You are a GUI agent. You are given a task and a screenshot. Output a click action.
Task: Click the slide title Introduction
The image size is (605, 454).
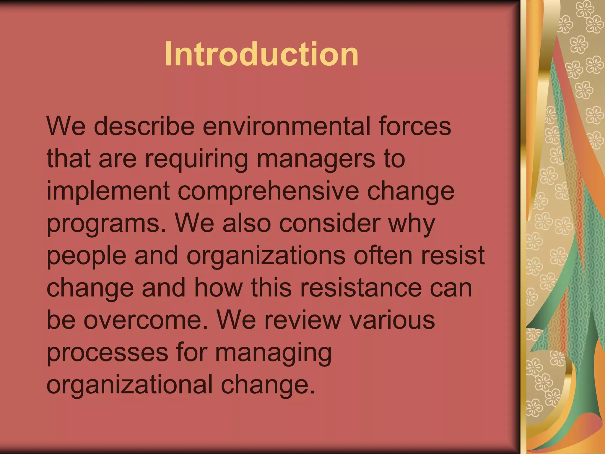pyautogui.click(x=262, y=54)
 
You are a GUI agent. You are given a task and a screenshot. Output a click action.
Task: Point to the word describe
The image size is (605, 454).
pyautogui.click(x=144, y=126)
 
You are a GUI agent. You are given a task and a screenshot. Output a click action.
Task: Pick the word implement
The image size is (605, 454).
pyautogui.click(x=108, y=191)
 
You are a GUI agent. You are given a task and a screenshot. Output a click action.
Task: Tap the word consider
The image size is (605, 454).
pyautogui.click(x=329, y=223)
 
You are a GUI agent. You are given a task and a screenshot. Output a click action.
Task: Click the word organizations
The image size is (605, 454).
pyautogui.click(x=266, y=256)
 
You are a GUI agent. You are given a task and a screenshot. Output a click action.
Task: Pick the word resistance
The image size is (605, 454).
pyautogui.click(x=361, y=288)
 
